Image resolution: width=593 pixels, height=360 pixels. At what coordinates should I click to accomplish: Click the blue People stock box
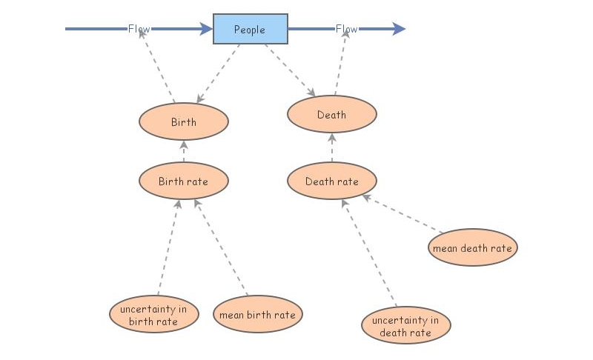pyautogui.click(x=251, y=30)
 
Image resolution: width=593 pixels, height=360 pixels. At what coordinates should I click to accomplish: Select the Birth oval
pyautogui.click(x=184, y=121)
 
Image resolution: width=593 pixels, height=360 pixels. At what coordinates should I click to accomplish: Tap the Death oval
pyautogui.click(x=331, y=114)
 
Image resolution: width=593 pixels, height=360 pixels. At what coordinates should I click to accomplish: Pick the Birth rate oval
pyautogui.click(x=184, y=181)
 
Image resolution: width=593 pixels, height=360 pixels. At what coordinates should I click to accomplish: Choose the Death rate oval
pyautogui.click(x=331, y=181)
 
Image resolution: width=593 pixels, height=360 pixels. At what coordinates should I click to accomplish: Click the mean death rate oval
pyautogui.click(x=472, y=248)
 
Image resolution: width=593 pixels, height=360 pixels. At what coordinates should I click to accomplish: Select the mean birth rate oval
pyautogui.click(x=257, y=315)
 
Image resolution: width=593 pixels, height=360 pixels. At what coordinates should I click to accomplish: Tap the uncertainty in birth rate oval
pyautogui.click(x=153, y=315)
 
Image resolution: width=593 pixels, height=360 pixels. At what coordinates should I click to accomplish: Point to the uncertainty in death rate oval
pyautogui.click(x=405, y=326)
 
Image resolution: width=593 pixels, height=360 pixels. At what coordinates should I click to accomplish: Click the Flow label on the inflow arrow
pyautogui.click(x=139, y=29)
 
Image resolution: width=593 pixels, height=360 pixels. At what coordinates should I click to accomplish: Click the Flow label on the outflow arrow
pyautogui.click(x=346, y=29)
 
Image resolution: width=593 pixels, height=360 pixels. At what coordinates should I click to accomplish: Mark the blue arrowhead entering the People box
pyautogui.click(x=205, y=29)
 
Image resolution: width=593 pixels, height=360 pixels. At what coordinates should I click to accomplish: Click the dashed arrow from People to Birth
pyautogui.click(x=218, y=73)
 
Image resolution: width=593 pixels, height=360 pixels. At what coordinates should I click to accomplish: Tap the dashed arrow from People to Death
pyautogui.click(x=290, y=71)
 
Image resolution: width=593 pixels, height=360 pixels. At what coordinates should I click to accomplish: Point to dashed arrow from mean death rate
pyautogui.click(x=402, y=213)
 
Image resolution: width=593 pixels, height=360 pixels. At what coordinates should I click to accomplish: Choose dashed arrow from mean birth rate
pyautogui.click(x=221, y=249)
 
